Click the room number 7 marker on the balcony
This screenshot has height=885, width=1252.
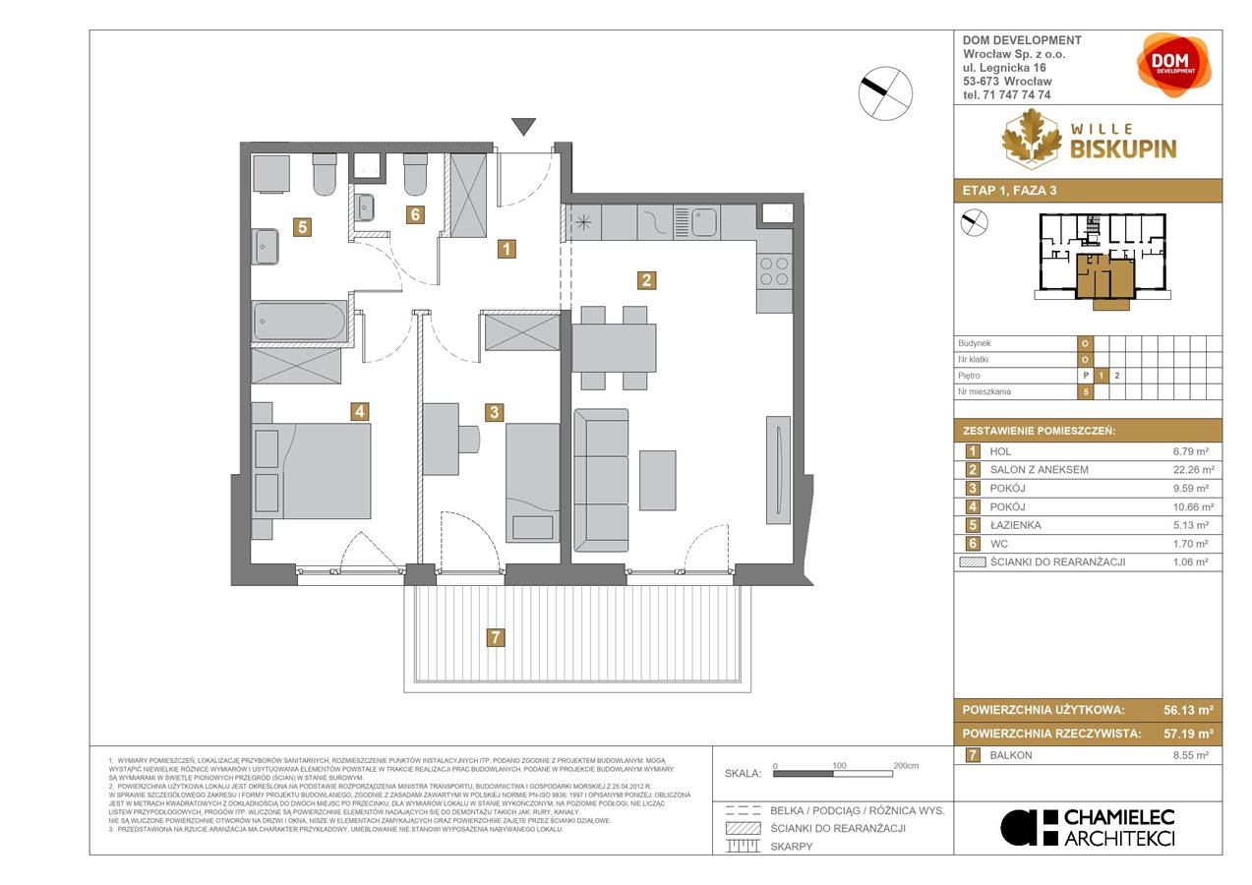tap(496, 637)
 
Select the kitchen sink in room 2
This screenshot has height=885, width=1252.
tap(705, 223)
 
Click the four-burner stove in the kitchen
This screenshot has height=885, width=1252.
tap(774, 269)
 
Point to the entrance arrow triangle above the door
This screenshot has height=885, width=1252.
tap(524, 126)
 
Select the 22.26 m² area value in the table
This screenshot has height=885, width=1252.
tap(1194, 469)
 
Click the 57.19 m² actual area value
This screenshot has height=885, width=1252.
tap(1184, 734)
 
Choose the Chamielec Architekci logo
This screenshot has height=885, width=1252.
tap(1088, 827)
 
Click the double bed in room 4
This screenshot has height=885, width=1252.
tap(313, 471)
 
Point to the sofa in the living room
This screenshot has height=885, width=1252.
tap(601, 480)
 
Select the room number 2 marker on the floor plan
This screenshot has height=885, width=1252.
tap(645, 280)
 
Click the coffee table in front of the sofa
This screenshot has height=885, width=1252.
tap(657, 480)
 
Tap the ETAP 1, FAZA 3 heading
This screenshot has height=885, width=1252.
tap(1008, 191)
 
